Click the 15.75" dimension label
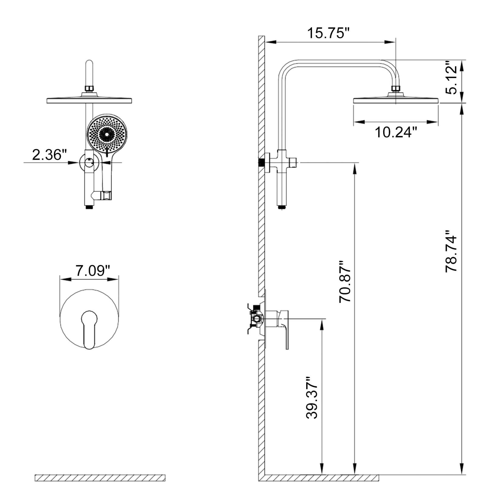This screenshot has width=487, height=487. click(328, 33)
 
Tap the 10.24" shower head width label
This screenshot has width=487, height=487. click(395, 132)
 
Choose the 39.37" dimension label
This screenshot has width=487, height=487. click(312, 398)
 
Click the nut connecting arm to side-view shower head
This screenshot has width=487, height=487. click(395, 89)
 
